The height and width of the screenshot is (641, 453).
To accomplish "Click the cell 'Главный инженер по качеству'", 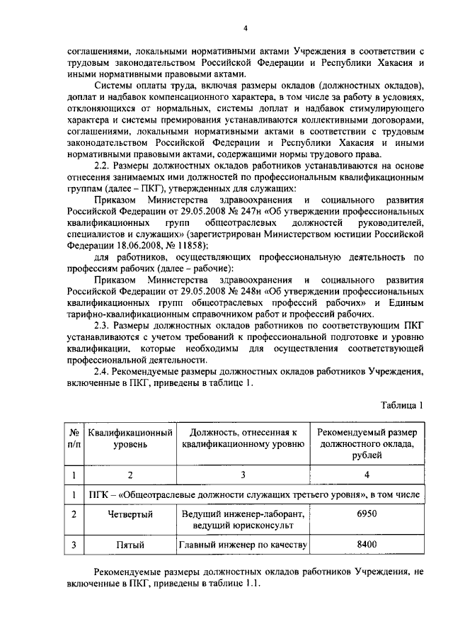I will point(243,545).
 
